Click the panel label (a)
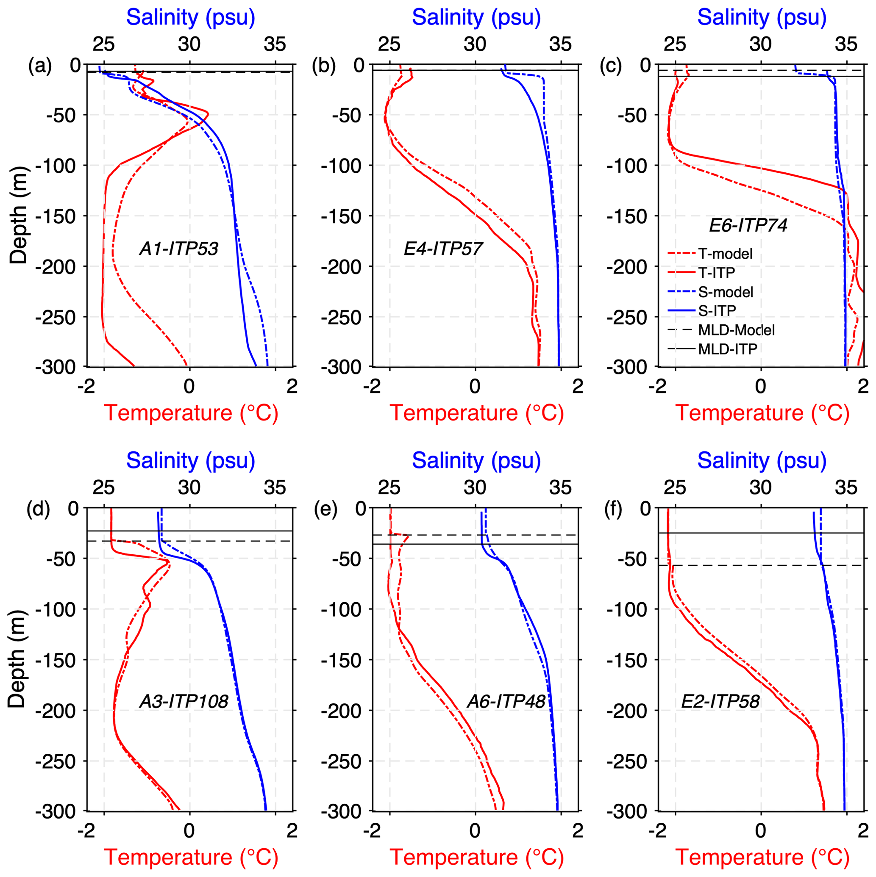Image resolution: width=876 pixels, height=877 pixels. pyautogui.click(x=40, y=66)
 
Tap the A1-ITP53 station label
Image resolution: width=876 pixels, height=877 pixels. pyautogui.click(x=178, y=249)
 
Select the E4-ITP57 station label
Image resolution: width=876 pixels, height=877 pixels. pyautogui.click(x=443, y=249)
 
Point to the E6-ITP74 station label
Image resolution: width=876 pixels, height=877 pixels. pyautogui.click(x=748, y=225)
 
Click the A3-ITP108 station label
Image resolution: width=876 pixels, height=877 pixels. pyautogui.click(x=184, y=702)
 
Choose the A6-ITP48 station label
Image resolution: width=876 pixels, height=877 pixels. pyautogui.click(x=506, y=702)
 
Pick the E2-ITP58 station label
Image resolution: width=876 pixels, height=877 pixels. pyautogui.click(x=720, y=702)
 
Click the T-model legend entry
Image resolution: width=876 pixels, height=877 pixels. pyautogui.click(x=725, y=254)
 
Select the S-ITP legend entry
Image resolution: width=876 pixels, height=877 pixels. pyautogui.click(x=717, y=310)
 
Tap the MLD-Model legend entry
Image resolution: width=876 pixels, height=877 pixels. pyautogui.click(x=736, y=330)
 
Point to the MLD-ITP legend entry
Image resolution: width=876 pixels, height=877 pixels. pyautogui.click(x=727, y=349)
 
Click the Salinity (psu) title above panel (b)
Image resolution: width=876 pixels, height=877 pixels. pyautogui.click(x=476, y=18)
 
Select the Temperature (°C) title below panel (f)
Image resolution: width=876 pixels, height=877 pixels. pyautogui.click(x=762, y=857)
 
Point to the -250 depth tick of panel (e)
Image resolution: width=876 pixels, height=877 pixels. pyautogui.click(x=341, y=761)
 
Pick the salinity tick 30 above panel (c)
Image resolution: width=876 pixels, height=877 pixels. pyautogui.click(x=760, y=44)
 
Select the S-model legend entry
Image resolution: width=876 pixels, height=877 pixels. pyautogui.click(x=726, y=292)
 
